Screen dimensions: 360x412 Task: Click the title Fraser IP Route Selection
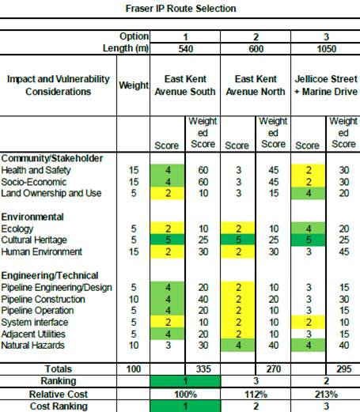(180, 9)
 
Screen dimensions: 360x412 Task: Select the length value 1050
(326, 49)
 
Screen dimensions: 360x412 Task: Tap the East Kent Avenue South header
(185, 85)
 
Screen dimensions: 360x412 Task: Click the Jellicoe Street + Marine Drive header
(326, 85)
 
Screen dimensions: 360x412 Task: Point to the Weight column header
(134, 85)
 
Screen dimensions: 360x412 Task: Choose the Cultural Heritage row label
(34, 240)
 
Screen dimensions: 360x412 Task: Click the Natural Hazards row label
(32, 345)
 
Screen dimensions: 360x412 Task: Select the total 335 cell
(203, 369)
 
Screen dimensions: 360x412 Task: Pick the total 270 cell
(273, 369)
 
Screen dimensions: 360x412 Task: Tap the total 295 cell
(343, 369)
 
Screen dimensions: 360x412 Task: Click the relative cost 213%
(326, 395)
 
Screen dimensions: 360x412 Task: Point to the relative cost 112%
(256, 395)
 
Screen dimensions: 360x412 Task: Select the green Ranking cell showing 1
(185, 381)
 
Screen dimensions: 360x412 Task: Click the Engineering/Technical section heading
(50, 275)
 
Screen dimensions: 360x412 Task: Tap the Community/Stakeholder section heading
(52, 158)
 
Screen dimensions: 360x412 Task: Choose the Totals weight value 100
(134, 369)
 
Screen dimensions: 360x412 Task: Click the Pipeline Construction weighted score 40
(203, 299)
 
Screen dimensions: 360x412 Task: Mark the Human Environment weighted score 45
(344, 251)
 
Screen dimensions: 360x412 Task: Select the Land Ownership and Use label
(51, 193)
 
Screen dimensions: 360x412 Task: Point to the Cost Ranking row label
(59, 406)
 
